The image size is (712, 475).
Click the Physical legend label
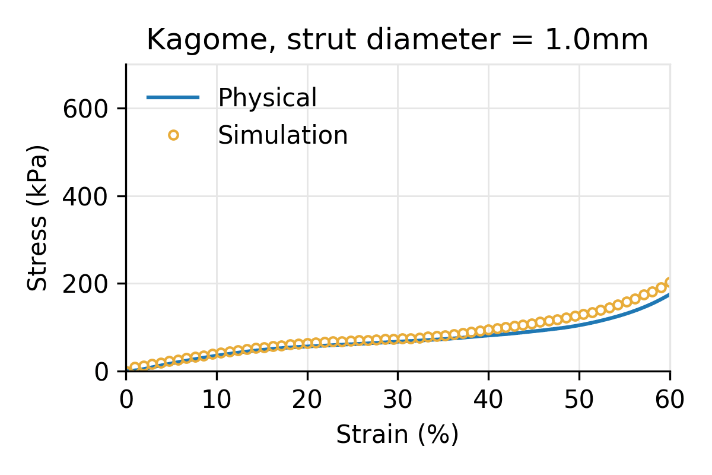[x=267, y=98]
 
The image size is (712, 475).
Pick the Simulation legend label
[x=282, y=135]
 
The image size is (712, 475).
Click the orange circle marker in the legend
[x=173, y=135]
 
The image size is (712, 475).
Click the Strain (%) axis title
[x=398, y=435]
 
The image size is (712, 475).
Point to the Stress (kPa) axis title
[x=38, y=218]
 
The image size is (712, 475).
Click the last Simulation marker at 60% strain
[x=669, y=283]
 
